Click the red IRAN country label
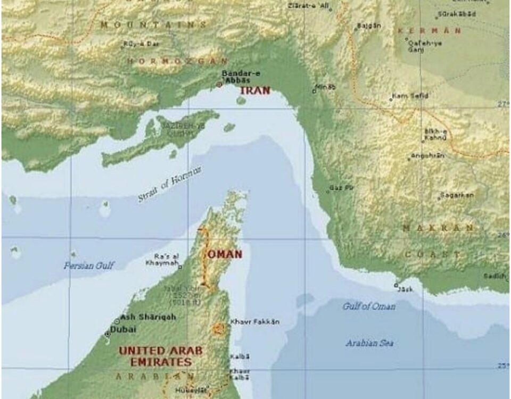click(255, 90)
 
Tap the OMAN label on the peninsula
click(225, 254)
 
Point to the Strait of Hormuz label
click(170, 184)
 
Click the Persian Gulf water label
click(89, 265)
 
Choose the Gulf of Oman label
click(369, 306)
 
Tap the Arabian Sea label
click(370, 343)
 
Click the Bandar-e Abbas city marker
click(218, 85)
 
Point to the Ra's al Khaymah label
click(166, 259)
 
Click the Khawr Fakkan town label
click(254, 322)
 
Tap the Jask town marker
click(396, 286)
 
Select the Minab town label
click(326, 87)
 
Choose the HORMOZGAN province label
click(177, 61)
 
